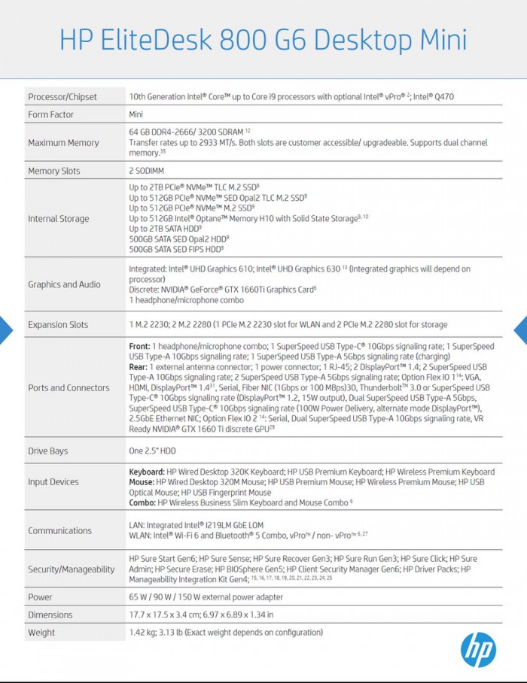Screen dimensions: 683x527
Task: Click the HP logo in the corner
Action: pos(478,649)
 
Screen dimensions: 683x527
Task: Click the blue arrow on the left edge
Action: pos(5,329)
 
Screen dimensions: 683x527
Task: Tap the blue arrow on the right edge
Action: pos(520,329)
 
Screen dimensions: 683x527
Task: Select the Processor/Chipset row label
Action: pos(63,96)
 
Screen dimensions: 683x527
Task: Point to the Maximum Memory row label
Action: pos(63,142)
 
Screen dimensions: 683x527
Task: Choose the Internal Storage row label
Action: pos(59,219)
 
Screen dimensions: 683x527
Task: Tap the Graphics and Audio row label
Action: pos(64,284)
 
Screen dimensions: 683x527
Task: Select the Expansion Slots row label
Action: pos(58,325)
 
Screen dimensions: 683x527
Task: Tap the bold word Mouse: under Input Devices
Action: pos(142,481)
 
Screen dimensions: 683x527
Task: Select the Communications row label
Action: pos(59,530)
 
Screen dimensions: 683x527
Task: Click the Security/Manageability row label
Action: pos(72,569)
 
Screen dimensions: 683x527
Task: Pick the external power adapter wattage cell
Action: pos(206,597)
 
